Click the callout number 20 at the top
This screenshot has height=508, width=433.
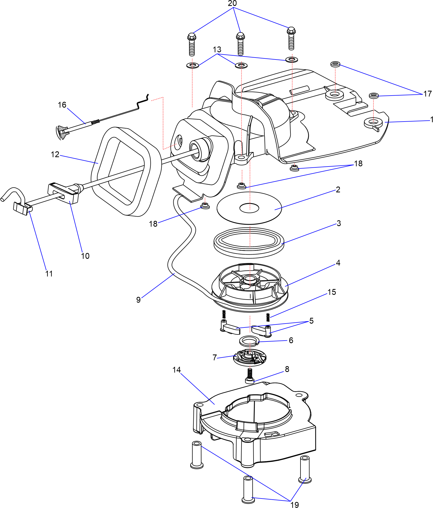(232, 3)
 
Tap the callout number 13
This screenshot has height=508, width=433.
(217, 49)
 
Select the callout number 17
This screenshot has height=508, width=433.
(427, 94)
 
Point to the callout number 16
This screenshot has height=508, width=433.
(62, 105)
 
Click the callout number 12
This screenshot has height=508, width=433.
(55, 155)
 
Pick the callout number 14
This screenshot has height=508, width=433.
(177, 370)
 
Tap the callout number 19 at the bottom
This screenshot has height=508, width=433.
(295, 504)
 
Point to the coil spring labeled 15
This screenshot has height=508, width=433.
(268, 317)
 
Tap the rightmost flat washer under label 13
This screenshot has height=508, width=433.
(291, 60)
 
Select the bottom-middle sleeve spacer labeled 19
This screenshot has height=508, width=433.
(248, 489)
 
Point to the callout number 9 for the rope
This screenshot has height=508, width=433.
(138, 300)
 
